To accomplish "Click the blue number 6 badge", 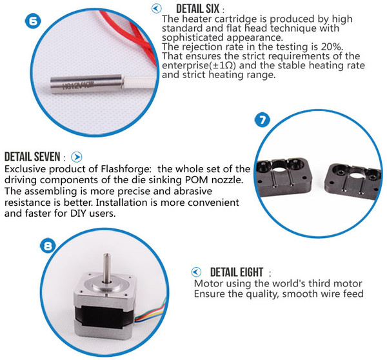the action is click(33, 21).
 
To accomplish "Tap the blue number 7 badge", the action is click(262, 120).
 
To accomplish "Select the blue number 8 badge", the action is click(48, 245).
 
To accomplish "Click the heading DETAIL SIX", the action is click(198, 9).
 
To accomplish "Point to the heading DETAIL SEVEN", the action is click(32, 157).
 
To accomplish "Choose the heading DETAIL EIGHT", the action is click(237, 272).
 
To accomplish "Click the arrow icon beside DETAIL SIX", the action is click(156, 8).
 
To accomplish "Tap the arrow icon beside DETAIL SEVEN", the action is click(77, 157).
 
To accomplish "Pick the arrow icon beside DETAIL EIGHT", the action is click(196, 272).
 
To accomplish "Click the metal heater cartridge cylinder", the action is click(86, 83).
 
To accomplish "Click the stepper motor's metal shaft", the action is click(106, 268).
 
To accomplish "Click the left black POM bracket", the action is click(283, 177).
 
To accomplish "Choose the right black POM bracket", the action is click(352, 181).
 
